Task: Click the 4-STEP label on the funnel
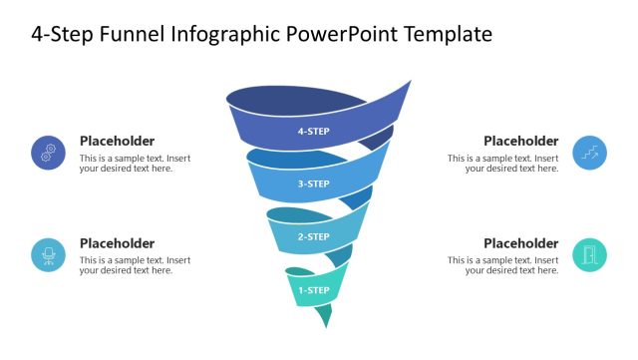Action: click(313, 131)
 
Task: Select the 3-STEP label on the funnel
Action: click(313, 183)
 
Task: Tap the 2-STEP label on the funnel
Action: click(313, 237)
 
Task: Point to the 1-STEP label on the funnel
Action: click(313, 290)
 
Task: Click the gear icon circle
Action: click(48, 153)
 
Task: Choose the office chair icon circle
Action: click(48, 255)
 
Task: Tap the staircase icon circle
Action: click(590, 153)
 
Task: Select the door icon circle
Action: click(590, 255)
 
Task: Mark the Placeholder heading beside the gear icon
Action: click(117, 141)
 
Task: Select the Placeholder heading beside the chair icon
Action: click(117, 243)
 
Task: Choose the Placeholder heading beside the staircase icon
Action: click(521, 141)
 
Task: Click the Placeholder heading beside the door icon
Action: click(521, 243)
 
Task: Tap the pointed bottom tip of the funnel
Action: click(325, 324)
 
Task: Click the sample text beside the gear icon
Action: click(135, 164)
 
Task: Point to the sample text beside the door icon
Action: click(503, 265)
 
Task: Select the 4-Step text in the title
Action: click(61, 35)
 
